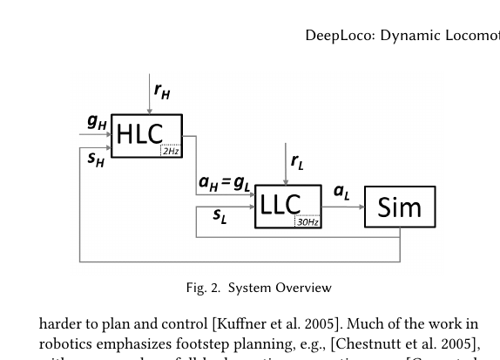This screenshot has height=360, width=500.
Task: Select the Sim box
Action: click(399, 207)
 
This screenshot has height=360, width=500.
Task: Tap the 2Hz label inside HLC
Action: click(171, 152)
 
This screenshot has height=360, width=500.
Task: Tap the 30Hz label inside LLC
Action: click(307, 222)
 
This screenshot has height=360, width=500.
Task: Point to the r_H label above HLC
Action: click(162, 90)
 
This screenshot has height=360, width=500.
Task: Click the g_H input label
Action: click(97, 123)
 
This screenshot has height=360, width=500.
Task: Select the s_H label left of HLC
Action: click(96, 159)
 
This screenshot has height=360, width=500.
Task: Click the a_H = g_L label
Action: click(225, 183)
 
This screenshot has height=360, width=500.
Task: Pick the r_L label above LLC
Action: click(297, 161)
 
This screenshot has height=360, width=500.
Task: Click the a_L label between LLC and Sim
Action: click(341, 192)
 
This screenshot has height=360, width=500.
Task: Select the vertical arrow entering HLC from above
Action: click(150, 94)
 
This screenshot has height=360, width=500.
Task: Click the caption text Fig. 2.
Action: click(202, 288)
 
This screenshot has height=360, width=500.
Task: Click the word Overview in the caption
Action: click(304, 288)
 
